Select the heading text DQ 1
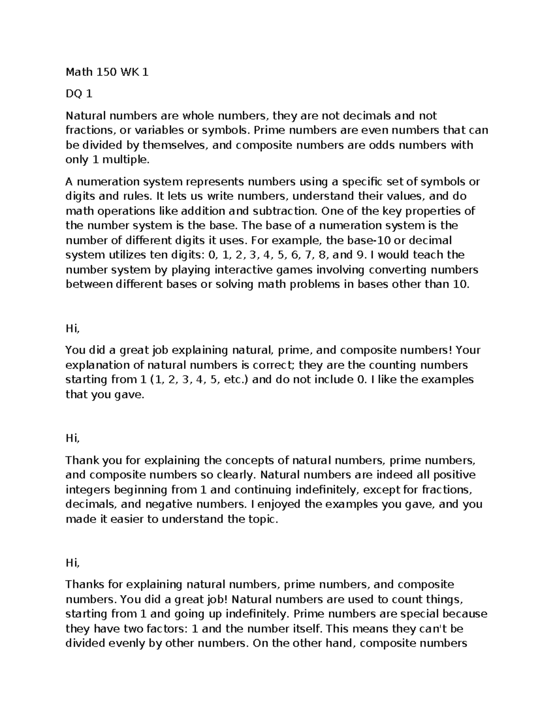[79, 94]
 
